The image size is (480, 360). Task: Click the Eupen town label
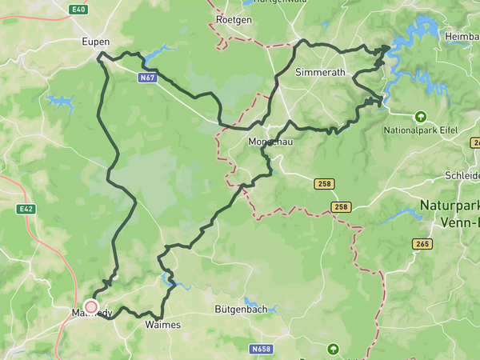[x=95, y=42]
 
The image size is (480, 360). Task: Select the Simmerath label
[x=320, y=72]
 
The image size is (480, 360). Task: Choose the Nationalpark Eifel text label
[x=420, y=130]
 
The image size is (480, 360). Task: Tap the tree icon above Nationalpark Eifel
[x=419, y=116]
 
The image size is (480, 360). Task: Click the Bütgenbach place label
[x=239, y=309]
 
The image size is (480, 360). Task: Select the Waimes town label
[x=163, y=325]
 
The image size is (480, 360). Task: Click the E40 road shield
[x=78, y=9]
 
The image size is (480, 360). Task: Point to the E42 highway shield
[x=26, y=209]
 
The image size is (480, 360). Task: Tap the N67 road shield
[x=146, y=78]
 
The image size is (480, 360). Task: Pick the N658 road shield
[x=261, y=350]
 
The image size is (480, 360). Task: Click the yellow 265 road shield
[x=422, y=243]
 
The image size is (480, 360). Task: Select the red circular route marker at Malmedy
[x=90, y=306]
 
